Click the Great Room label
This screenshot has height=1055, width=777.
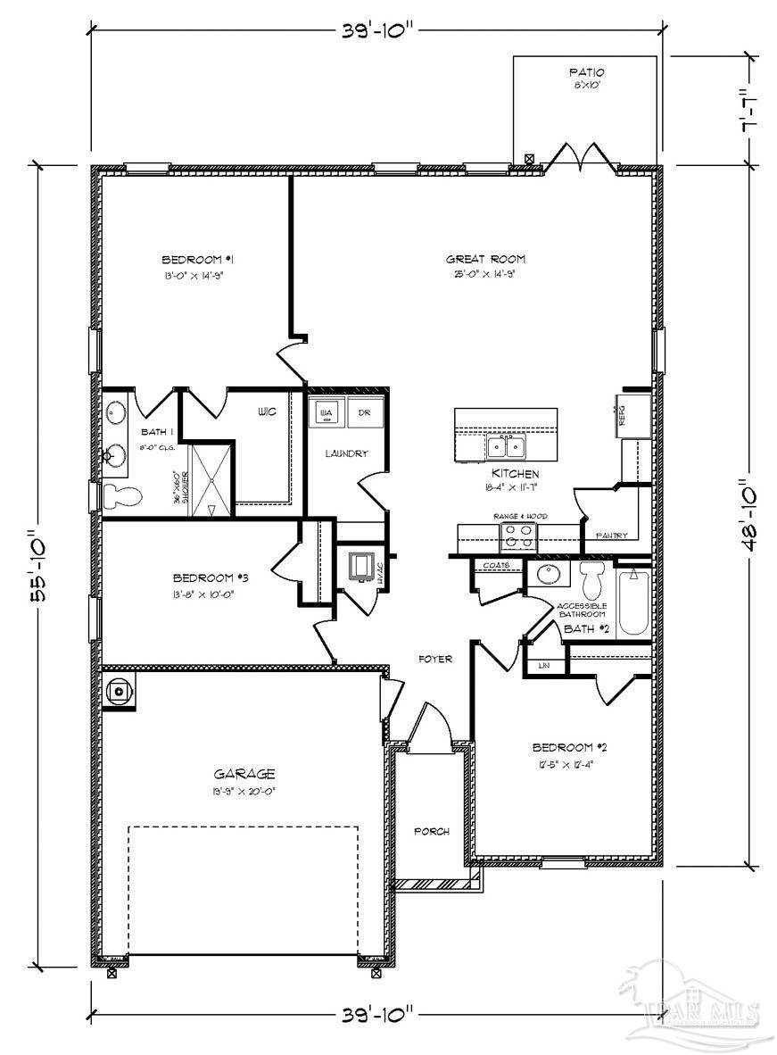(x=482, y=260)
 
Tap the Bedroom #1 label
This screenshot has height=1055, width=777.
(x=197, y=260)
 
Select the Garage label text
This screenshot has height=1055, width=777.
(x=244, y=774)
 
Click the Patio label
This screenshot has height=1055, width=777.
(x=586, y=71)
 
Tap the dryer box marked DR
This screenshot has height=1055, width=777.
(x=364, y=413)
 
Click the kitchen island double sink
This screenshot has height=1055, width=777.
(x=506, y=444)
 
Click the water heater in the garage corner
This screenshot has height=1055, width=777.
(x=120, y=691)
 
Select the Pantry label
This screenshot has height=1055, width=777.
(x=611, y=536)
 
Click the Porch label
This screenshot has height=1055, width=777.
(x=431, y=832)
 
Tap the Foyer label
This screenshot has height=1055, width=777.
(x=435, y=660)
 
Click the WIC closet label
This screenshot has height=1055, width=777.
(x=266, y=412)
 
